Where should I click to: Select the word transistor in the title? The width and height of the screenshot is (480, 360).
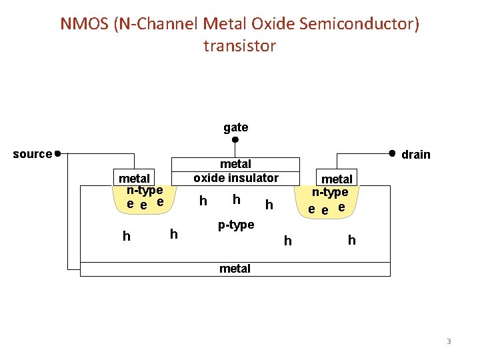[239, 46]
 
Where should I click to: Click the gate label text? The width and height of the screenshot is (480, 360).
[235, 127]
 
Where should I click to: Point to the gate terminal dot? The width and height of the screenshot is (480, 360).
[235, 140]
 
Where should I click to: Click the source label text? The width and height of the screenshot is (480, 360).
[32, 154]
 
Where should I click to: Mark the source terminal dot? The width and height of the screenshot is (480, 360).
[59, 153]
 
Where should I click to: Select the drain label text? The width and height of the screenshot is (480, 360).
[416, 155]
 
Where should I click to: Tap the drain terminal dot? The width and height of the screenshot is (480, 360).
[392, 153]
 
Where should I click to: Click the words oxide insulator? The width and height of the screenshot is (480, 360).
[236, 178]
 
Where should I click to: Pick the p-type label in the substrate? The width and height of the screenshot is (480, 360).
[236, 225]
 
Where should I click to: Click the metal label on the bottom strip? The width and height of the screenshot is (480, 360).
[235, 269]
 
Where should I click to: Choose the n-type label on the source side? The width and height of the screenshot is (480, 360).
[145, 190]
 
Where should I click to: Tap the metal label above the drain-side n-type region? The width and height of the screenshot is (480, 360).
[337, 179]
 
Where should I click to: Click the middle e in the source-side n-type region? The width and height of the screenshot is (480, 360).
[144, 205]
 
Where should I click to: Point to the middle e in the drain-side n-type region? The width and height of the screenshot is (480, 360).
[325, 210]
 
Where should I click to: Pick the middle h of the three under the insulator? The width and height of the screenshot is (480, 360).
[236, 199]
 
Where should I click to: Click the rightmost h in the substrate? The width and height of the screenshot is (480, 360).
[351, 240]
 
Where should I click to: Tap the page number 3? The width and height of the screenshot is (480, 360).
[449, 341]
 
